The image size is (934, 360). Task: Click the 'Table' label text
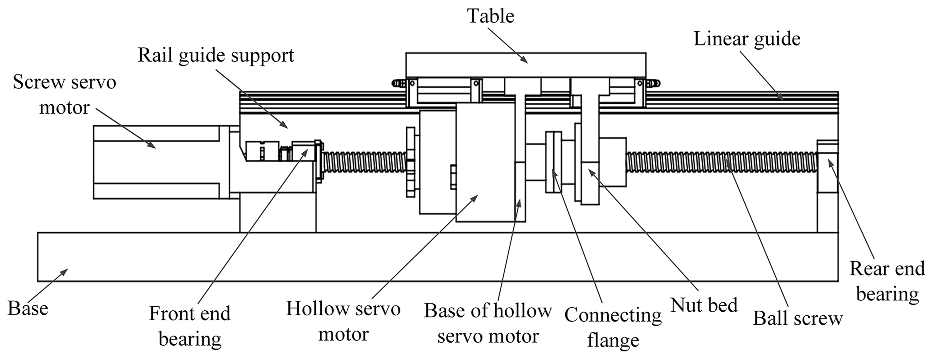click(x=490, y=16)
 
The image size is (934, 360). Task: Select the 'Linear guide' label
click(x=746, y=39)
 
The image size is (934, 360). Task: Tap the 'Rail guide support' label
click(x=216, y=56)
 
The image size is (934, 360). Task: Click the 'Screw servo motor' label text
click(x=64, y=95)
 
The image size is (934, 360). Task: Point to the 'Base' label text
click(x=28, y=309)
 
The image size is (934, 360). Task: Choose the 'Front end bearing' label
click(x=190, y=326)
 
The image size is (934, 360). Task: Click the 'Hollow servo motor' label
click(x=343, y=321)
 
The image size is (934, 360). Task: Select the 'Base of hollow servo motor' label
click(x=488, y=323)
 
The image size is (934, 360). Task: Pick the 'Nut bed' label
click(x=704, y=305)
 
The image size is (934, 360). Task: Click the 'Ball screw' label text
click(x=798, y=318)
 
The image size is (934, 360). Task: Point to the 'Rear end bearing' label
click(x=887, y=281)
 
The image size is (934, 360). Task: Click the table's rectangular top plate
click(x=526, y=65)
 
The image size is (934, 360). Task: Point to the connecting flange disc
click(x=554, y=162)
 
